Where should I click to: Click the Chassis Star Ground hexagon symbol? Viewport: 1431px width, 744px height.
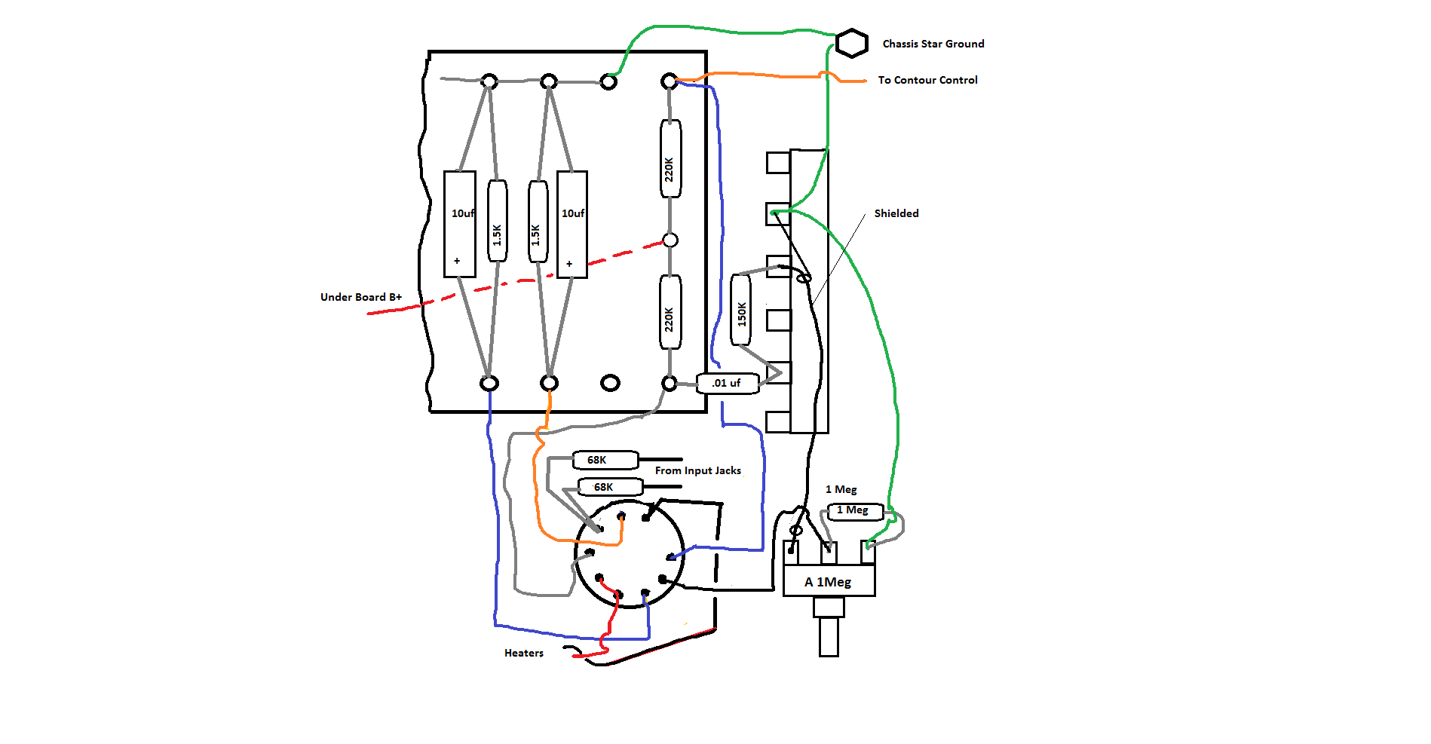852,43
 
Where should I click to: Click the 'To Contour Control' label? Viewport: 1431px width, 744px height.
927,80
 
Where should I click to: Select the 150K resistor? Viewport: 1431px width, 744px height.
741,310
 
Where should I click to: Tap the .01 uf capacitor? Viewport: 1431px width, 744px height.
727,383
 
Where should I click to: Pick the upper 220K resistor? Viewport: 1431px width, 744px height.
670,159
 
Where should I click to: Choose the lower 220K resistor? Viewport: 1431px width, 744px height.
670,312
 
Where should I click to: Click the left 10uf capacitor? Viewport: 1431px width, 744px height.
459,224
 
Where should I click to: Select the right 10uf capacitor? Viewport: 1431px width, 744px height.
571,224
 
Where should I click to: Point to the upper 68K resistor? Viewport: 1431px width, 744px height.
605,460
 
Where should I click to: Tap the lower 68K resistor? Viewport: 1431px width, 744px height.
609,487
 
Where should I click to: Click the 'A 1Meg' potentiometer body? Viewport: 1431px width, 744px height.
829,581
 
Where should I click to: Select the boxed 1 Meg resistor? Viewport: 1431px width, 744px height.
855,511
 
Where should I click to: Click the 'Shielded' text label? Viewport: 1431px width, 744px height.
896,213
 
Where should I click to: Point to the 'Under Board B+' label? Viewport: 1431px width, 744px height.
360,297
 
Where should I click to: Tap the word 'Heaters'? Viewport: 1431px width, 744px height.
524,653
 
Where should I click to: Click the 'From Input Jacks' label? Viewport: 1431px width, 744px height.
697,470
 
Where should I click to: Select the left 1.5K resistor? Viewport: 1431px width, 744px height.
497,221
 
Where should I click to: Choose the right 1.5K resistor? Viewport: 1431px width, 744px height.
537,221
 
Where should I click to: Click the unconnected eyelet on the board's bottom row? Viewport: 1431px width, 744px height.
610,383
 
